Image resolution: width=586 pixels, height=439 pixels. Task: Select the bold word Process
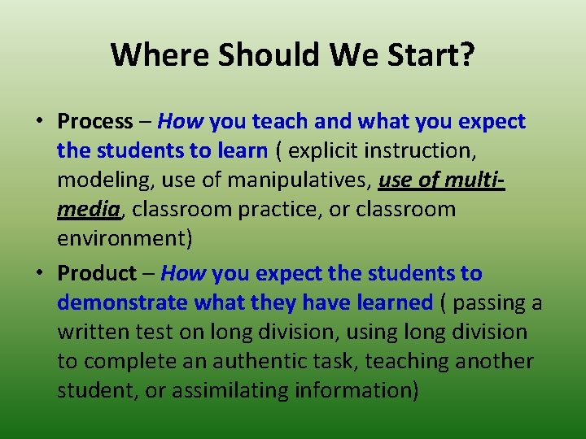click(x=94, y=122)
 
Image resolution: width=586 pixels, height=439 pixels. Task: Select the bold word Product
click(x=97, y=273)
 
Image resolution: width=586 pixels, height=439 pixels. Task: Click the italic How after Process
click(x=181, y=122)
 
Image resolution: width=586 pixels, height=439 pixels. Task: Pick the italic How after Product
click(x=183, y=273)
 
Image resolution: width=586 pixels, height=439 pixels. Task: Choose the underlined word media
click(x=89, y=210)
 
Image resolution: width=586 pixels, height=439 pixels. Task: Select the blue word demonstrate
click(x=122, y=302)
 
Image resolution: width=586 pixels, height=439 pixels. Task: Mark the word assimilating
click(x=215, y=390)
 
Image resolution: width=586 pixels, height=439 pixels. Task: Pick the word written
click(x=88, y=332)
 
